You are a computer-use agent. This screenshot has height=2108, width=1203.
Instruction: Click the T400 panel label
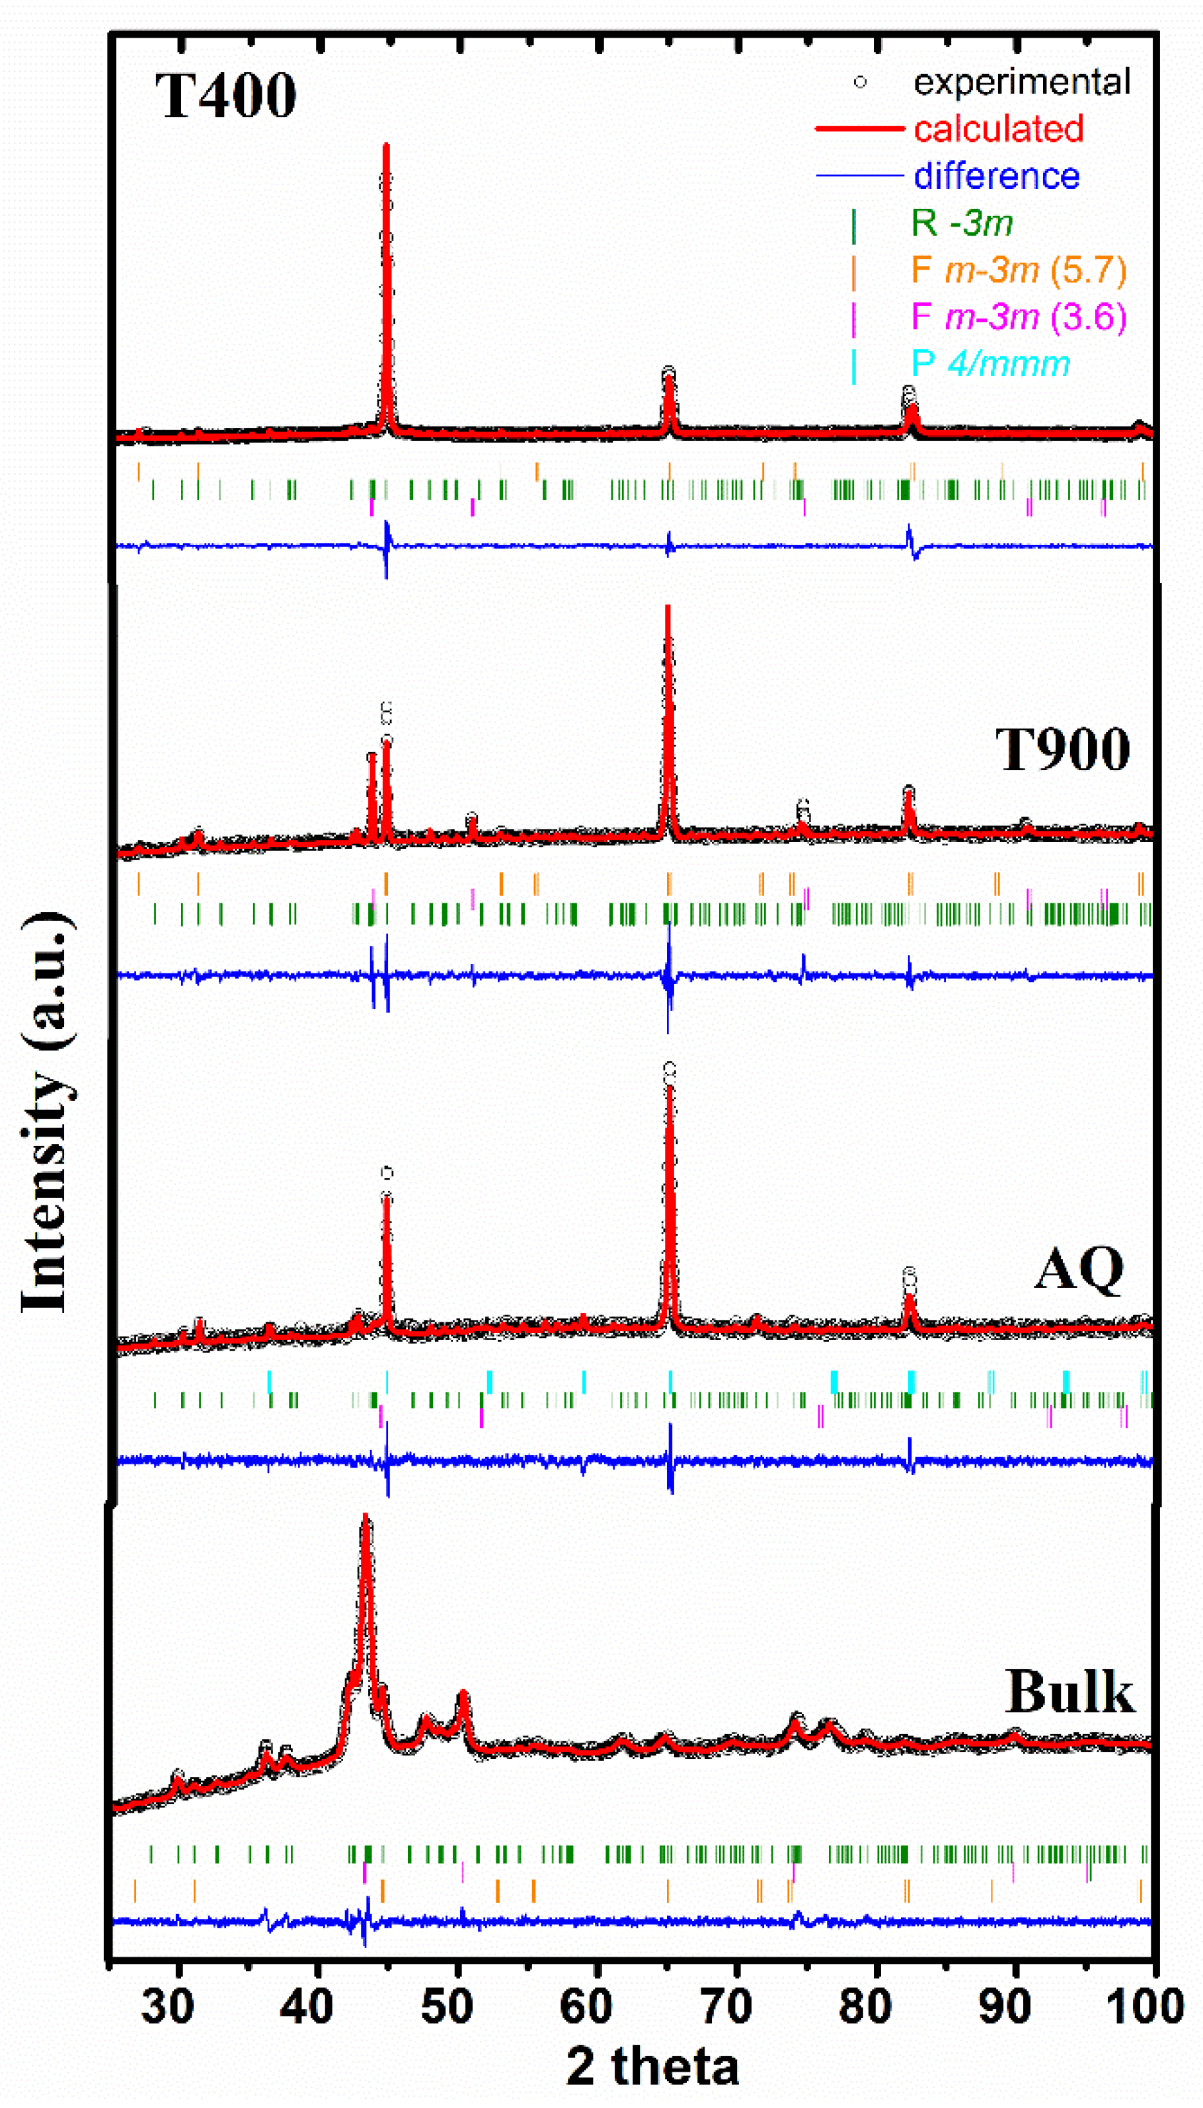pyautogui.click(x=225, y=96)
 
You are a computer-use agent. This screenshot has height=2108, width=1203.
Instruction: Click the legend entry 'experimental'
pyautogui.click(x=1021, y=82)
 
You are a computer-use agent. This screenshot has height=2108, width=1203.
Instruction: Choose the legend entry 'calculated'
pyautogui.click(x=998, y=129)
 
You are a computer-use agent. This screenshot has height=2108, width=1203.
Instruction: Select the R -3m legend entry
pyautogui.click(x=962, y=223)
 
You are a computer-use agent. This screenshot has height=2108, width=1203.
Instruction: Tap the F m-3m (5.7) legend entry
pyautogui.click(x=1019, y=270)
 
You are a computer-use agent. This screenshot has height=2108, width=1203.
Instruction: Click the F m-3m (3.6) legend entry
pyautogui.click(x=1019, y=317)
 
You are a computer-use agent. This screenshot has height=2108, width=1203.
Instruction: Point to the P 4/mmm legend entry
pyautogui.click(x=990, y=364)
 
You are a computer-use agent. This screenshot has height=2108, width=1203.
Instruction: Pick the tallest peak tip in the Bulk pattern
pyautogui.click(x=365, y=1519)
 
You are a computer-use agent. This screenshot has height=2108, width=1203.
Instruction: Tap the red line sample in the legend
pyautogui.click(x=859, y=129)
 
